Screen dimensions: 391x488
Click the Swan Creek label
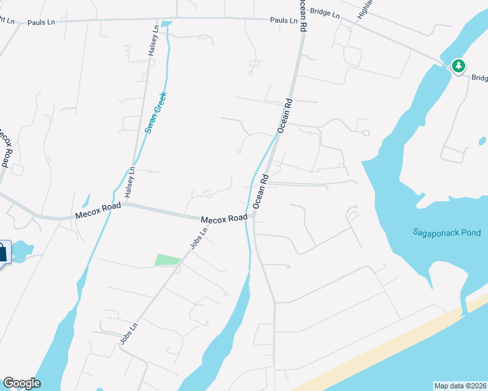[x=156, y=112]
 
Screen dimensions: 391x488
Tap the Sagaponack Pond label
[x=446, y=233]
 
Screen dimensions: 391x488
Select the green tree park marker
[x=459, y=66]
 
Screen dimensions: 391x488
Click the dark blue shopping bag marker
[x=2, y=252]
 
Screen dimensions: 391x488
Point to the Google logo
[x=22, y=383]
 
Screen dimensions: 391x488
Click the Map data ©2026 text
[x=460, y=386]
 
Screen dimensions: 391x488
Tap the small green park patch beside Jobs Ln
[x=167, y=260]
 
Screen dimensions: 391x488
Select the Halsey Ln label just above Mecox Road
[x=130, y=182]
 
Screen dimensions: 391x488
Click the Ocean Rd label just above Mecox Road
[x=261, y=190]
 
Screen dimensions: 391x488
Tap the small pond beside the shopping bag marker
[x=22, y=250]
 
